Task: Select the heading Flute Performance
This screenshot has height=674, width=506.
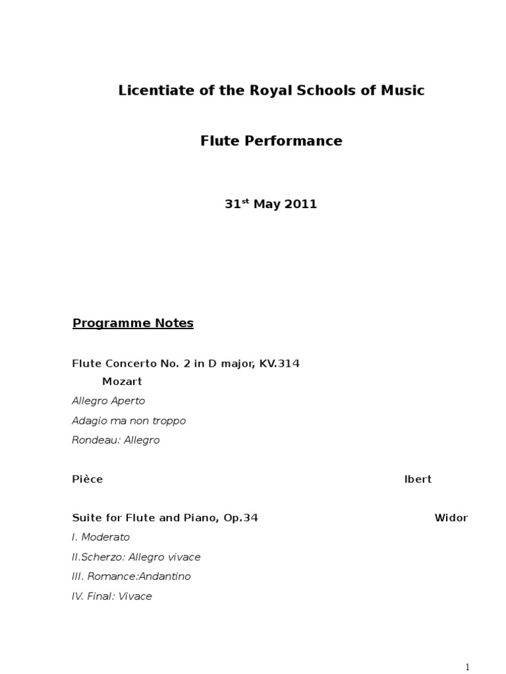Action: [271, 141]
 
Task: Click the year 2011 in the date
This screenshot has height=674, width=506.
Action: [301, 205]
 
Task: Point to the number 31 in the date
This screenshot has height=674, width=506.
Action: [232, 205]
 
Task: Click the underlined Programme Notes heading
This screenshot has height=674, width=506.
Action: [132, 323]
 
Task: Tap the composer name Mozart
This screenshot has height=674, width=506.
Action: [122, 382]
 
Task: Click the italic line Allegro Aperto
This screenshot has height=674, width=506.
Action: [108, 401]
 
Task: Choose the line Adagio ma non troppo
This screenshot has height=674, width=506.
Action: [128, 421]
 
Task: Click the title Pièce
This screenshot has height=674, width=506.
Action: [87, 479]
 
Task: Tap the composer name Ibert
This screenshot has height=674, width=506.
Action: [418, 479]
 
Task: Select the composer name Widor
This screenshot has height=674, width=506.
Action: [451, 518]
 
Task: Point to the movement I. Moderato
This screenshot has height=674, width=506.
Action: [101, 537]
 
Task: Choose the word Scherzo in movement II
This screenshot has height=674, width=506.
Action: [102, 557]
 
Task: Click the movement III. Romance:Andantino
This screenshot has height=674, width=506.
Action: [131, 577]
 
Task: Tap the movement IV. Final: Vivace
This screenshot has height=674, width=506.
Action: [112, 596]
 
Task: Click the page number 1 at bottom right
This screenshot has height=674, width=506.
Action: [467, 667]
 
